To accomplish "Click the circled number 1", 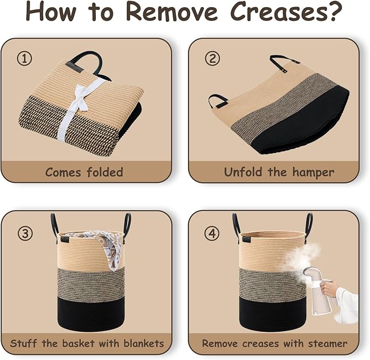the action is pyautogui.click(x=25, y=58).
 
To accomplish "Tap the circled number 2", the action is pyautogui.click(x=213, y=58).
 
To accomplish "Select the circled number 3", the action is pyautogui.click(x=25, y=233).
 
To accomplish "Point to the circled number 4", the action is pyautogui.click(x=211, y=233).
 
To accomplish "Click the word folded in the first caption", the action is pyautogui.click(x=105, y=172).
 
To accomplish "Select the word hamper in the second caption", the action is pyautogui.click(x=313, y=173).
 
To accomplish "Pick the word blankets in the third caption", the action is pyautogui.click(x=144, y=343).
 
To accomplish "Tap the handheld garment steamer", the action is pyautogui.click(x=319, y=291).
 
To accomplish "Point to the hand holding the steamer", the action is pyautogui.click(x=329, y=289).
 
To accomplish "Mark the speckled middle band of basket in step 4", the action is pyautogui.click(x=272, y=285).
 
